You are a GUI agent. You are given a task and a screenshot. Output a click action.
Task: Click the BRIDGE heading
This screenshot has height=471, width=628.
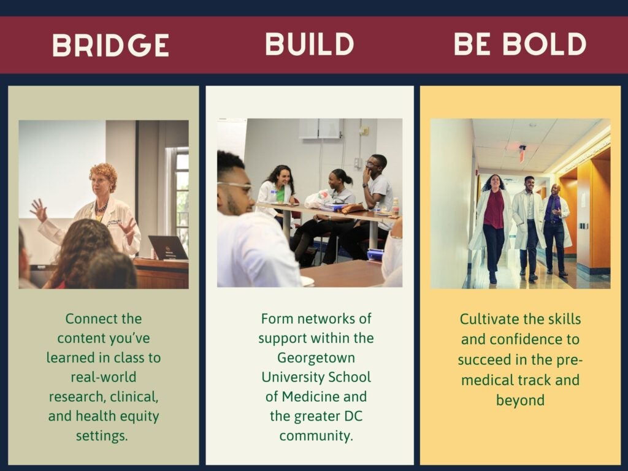[110, 45]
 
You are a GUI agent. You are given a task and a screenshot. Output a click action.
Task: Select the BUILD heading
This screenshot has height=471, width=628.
[309, 44]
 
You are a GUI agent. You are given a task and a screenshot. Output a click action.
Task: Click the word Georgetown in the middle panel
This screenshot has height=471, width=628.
[316, 358]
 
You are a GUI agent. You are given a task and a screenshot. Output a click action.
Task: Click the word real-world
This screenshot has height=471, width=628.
[103, 377]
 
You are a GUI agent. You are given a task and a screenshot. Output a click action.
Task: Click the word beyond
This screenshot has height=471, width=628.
[520, 400]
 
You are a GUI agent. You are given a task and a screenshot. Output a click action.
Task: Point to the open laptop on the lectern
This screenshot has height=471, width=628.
[168, 248]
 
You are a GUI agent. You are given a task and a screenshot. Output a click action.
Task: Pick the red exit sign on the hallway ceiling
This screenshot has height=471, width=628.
[523, 153]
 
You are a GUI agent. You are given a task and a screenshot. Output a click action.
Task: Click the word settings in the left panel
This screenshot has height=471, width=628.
[102, 435]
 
